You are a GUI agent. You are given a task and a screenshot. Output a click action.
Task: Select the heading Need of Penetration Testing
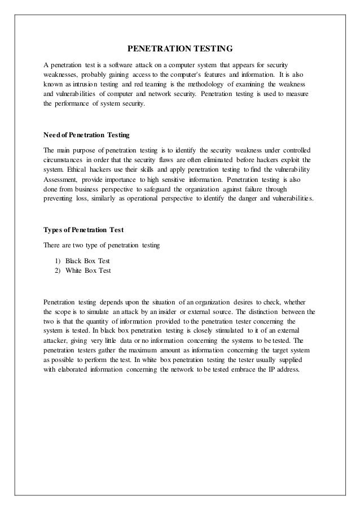click(86, 136)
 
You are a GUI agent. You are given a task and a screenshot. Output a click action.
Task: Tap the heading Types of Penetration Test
click(84, 229)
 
